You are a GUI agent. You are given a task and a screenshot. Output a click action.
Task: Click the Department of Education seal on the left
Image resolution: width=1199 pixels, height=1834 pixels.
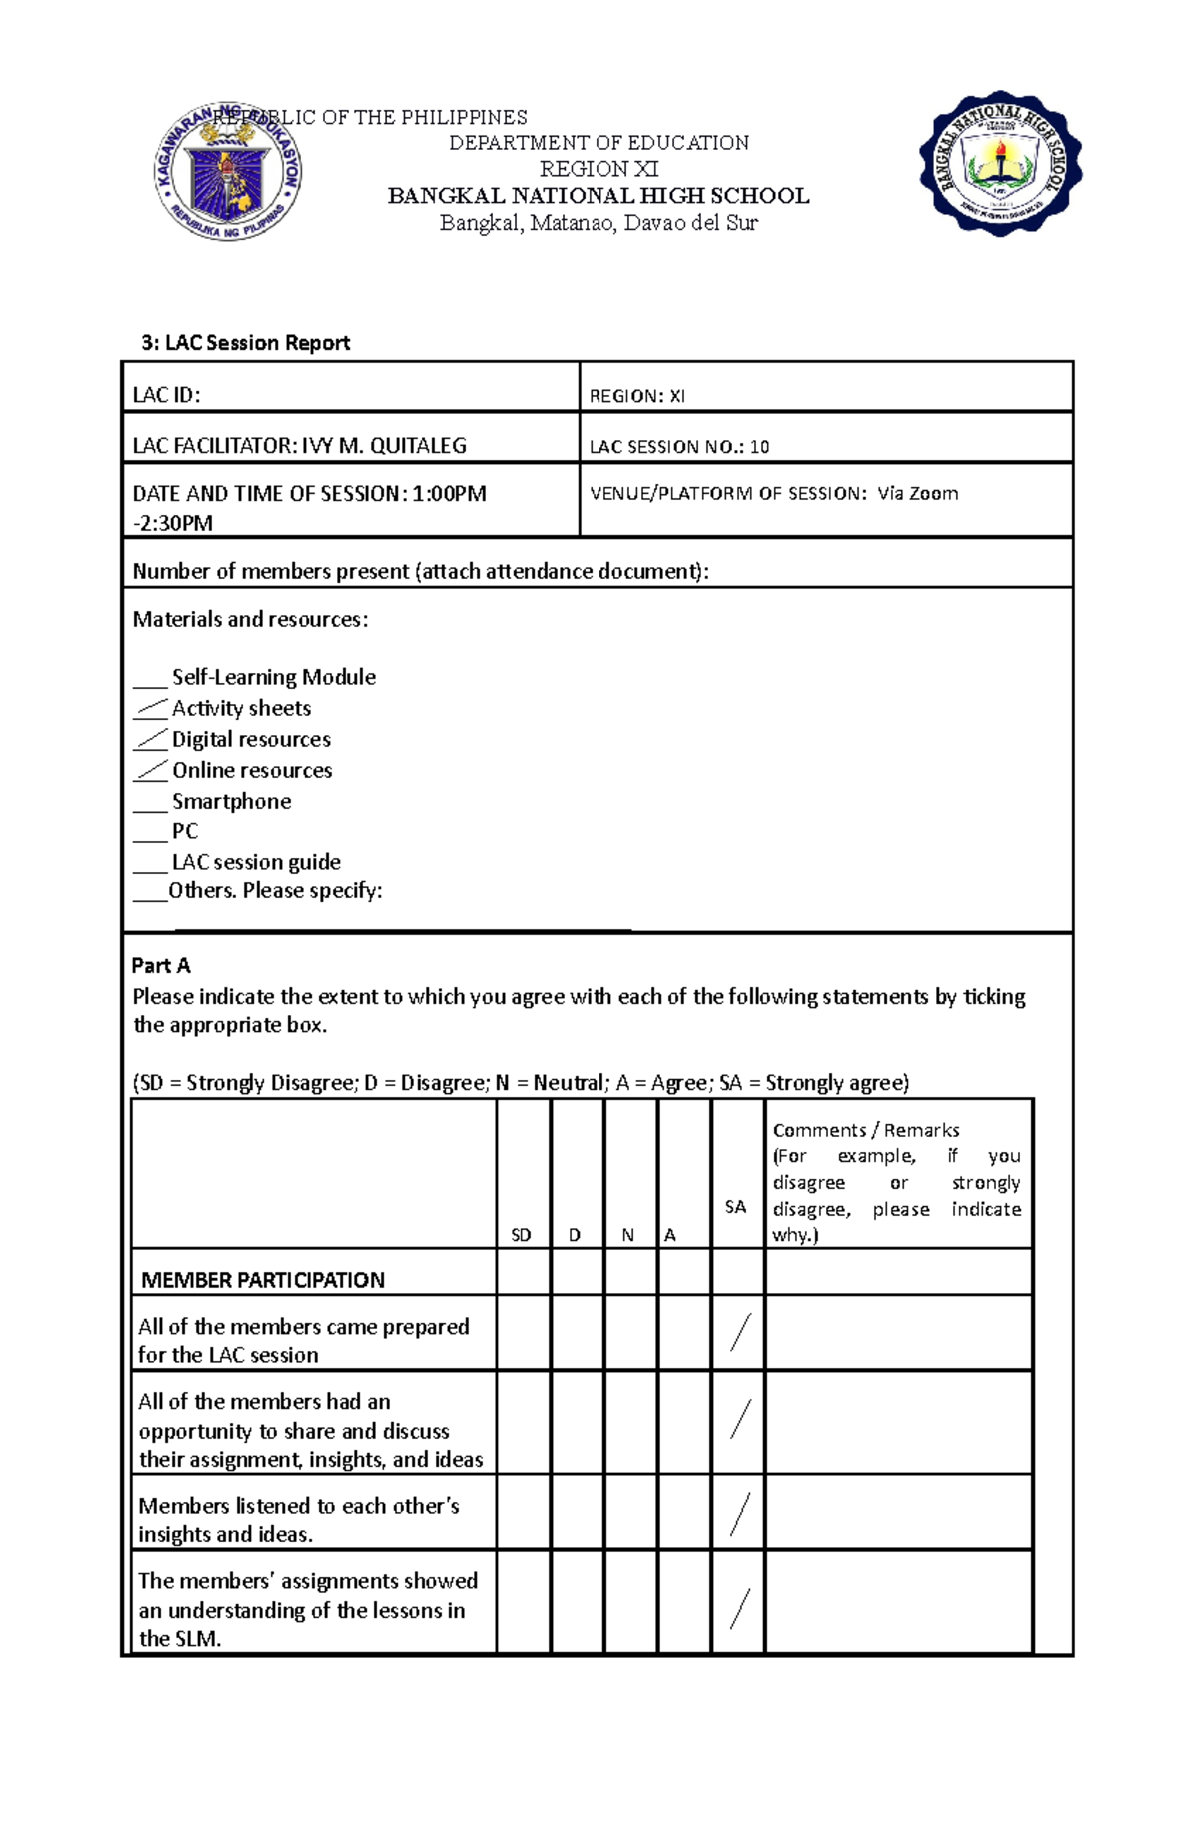pos(228,172)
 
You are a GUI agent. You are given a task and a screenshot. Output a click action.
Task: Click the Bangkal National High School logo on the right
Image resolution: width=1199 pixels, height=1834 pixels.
pos(1000,164)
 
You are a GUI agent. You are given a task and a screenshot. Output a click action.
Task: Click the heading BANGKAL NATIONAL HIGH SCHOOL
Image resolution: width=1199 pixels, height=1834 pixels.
pos(599,196)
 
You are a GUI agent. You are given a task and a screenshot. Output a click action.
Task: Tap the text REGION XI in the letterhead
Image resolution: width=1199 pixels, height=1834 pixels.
pos(599,169)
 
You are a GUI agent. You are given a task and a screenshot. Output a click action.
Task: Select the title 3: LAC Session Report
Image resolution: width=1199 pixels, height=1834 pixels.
pos(246,343)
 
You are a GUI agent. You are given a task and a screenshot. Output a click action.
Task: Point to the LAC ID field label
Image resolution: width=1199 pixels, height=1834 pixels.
pos(167,395)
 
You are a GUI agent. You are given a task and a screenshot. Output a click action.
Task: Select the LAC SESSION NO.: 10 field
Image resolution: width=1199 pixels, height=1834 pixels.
pos(679,447)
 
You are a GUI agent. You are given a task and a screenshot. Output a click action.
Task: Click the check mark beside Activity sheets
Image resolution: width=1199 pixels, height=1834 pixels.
pos(151,709)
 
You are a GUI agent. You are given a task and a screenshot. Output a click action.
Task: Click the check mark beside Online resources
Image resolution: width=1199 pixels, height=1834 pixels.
pos(151,771)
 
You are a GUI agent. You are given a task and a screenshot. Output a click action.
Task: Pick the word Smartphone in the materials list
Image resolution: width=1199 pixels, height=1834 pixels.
pos(231,801)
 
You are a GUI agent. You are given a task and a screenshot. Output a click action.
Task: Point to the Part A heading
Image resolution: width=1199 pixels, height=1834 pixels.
pos(161,965)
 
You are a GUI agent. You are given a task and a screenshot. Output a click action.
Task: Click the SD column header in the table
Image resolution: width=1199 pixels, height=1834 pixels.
pos(521,1235)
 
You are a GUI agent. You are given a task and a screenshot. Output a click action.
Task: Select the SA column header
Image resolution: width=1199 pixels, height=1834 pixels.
pos(735,1207)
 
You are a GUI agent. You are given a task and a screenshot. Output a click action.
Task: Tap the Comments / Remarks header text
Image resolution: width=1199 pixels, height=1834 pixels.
pos(866,1130)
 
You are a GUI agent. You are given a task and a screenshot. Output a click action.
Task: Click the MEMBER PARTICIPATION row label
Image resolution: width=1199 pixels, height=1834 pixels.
pos(263,1280)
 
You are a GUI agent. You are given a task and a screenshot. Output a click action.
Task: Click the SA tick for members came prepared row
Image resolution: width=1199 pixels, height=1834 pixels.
pos(739,1333)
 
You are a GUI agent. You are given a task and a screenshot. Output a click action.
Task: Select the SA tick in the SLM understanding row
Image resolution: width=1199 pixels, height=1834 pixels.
pos(739,1608)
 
